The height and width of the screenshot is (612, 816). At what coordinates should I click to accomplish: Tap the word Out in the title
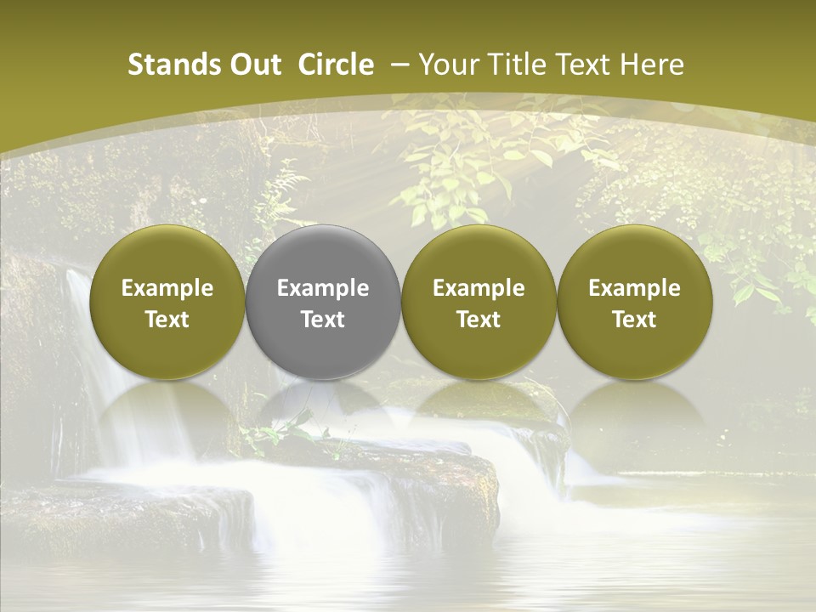coord(252,65)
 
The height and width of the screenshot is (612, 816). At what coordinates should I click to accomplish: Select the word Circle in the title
coord(336,65)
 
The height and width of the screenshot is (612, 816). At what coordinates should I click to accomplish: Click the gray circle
coord(323,302)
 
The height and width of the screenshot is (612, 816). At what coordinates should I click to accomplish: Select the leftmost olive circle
coord(167,302)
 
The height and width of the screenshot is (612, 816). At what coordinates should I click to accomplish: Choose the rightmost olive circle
coord(634,302)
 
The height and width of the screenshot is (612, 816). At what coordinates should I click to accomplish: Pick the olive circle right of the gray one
coord(479,302)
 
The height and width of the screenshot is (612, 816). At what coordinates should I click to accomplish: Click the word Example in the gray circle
coord(323,288)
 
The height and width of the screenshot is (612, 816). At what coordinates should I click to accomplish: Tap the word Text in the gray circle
coord(323,320)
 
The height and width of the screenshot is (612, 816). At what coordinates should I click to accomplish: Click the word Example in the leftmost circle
coord(167,288)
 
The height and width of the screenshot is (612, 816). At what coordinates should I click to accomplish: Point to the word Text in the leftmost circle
coord(167,320)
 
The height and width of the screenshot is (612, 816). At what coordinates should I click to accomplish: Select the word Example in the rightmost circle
coord(634,288)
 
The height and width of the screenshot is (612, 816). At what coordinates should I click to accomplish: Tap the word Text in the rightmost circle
coord(634,320)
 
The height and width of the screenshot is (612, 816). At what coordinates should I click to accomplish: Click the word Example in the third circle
coord(479,288)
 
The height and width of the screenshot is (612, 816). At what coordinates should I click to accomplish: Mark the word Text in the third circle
coord(479,320)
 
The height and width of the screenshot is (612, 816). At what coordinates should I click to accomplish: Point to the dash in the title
coord(399,65)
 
